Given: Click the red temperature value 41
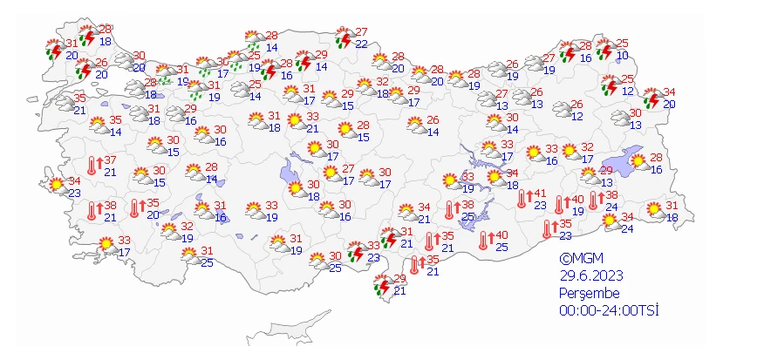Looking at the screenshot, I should point(540,194).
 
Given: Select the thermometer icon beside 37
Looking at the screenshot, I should point(92,164).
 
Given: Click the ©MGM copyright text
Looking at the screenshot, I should point(582,259).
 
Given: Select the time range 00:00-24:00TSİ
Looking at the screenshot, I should point(608,309).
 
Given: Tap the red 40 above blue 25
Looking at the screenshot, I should point(501,235).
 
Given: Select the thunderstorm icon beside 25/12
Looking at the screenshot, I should point(609,84).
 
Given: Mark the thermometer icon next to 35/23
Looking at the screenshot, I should point(548,229).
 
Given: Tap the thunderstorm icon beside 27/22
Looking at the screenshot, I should point(343,38).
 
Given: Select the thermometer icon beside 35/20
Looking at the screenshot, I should point(135,207).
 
